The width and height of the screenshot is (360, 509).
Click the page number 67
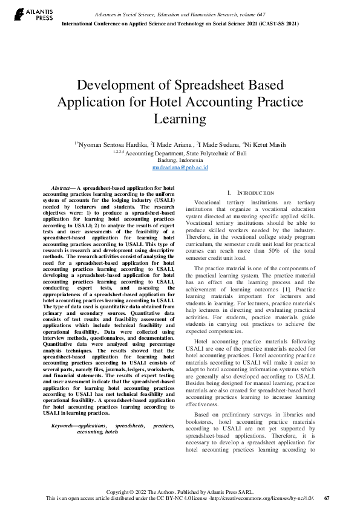coord(327,498)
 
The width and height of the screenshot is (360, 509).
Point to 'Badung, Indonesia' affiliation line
coord(180,160)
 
